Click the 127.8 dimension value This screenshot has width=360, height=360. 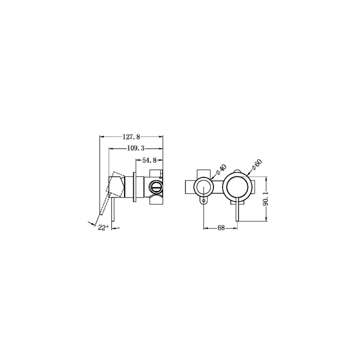point(131,137)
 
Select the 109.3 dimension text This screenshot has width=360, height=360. point(136,149)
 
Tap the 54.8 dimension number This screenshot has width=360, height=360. point(149,160)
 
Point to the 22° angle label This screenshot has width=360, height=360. point(103,228)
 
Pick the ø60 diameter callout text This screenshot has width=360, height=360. point(257,165)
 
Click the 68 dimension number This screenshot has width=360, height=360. point(221,228)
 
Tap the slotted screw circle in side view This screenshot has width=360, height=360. point(156,186)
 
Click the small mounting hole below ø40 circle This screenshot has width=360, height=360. point(204,201)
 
